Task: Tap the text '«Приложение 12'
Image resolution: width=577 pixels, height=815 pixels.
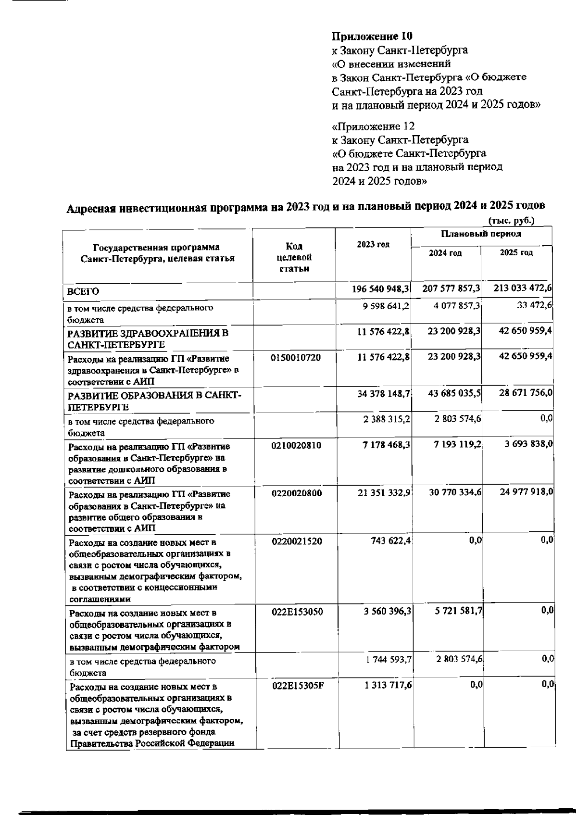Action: click(x=373, y=126)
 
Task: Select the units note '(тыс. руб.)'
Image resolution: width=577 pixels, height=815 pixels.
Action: click(x=511, y=221)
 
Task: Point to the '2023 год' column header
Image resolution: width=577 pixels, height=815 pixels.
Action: click(x=373, y=244)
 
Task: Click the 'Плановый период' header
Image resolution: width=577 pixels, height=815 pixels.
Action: click(x=481, y=234)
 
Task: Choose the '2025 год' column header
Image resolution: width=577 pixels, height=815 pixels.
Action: click(x=516, y=253)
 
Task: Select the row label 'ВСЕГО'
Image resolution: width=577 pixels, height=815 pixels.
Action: click(x=83, y=291)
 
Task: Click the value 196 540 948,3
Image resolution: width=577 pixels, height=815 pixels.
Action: click(x=380, y=288)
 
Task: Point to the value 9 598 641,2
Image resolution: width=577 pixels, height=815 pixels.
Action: click(x=386, y=306)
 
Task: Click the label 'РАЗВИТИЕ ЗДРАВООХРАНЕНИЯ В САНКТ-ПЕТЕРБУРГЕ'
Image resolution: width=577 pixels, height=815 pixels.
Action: click(x=148, y=339)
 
